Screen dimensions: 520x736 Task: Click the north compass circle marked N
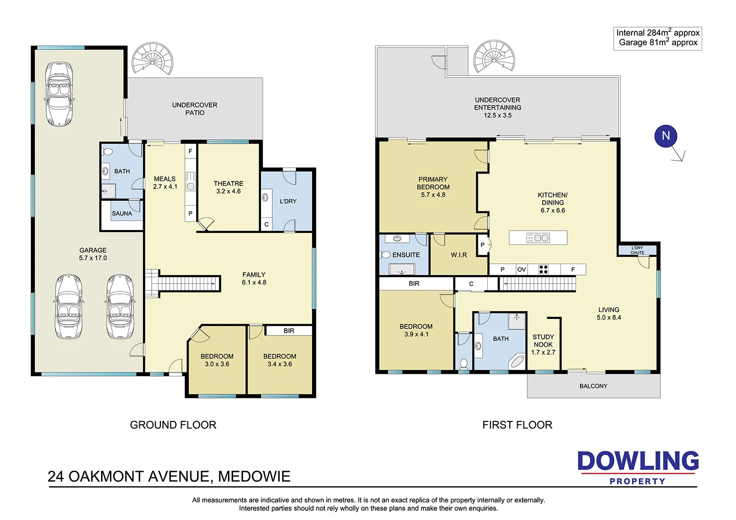666,136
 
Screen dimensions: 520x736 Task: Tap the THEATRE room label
228,183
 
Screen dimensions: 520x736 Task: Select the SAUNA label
122,213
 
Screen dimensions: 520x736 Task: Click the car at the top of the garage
59,94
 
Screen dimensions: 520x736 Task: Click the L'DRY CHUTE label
637,250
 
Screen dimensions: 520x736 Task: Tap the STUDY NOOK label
543,340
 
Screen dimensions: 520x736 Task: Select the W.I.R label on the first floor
459,255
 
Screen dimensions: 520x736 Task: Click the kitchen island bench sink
538,237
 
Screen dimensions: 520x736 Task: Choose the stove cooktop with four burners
543,269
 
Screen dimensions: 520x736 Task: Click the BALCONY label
593,386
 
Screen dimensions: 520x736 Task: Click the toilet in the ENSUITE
385,255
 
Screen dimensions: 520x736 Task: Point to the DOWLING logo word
638,461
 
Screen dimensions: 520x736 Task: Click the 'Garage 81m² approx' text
658,43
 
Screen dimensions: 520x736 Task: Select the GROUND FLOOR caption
173,425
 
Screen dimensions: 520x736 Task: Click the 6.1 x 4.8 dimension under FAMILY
254,283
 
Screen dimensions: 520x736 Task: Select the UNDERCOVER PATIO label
195,109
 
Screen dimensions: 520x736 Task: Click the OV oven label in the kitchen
522,269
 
